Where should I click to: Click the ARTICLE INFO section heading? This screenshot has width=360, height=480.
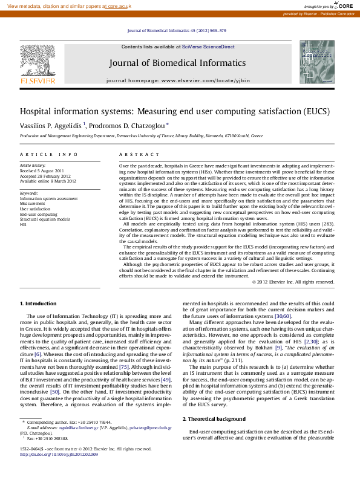pyautogui.click(x=49, y=155)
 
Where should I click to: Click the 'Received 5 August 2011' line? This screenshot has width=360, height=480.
pyautogui.click(x=42, y=170)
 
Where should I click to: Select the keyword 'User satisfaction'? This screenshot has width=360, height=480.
pyautogui.click(x=35, y=209)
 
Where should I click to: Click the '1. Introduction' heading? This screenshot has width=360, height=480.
pyautogui.click(x=39, y=303)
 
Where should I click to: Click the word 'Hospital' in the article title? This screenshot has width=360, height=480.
pyautogui.click(x=38, y=112)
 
